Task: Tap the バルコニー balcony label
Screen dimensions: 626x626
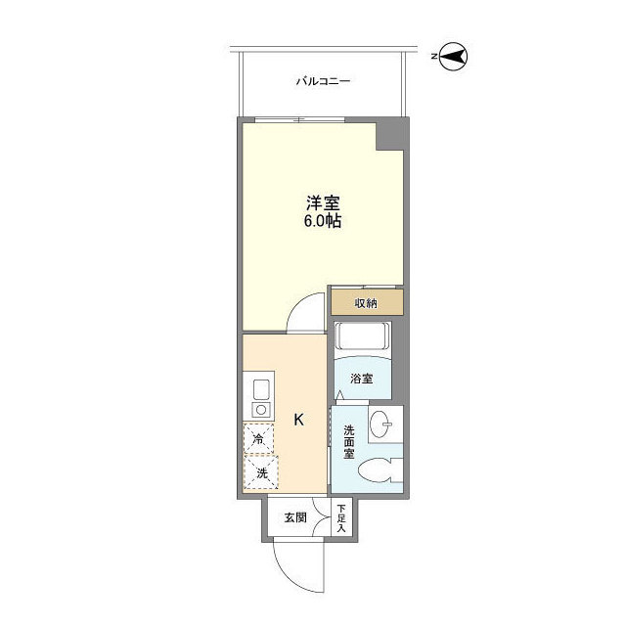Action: pos(323,81)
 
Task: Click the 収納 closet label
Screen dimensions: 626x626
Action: pos(366,302)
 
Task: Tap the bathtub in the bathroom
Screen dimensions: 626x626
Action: pos(362,338)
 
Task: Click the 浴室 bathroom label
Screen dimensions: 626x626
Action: pos(361,379)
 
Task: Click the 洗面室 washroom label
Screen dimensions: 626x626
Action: pos(347,442)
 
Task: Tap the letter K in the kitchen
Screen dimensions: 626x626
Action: pos(299,420)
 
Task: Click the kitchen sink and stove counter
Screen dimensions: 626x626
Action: pos(260,396)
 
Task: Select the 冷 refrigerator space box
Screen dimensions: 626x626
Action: pos(259,440)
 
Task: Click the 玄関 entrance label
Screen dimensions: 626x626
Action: pos(295,517)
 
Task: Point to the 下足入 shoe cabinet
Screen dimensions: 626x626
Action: pos(341,517)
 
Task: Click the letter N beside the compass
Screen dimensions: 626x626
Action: pos(433,57)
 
